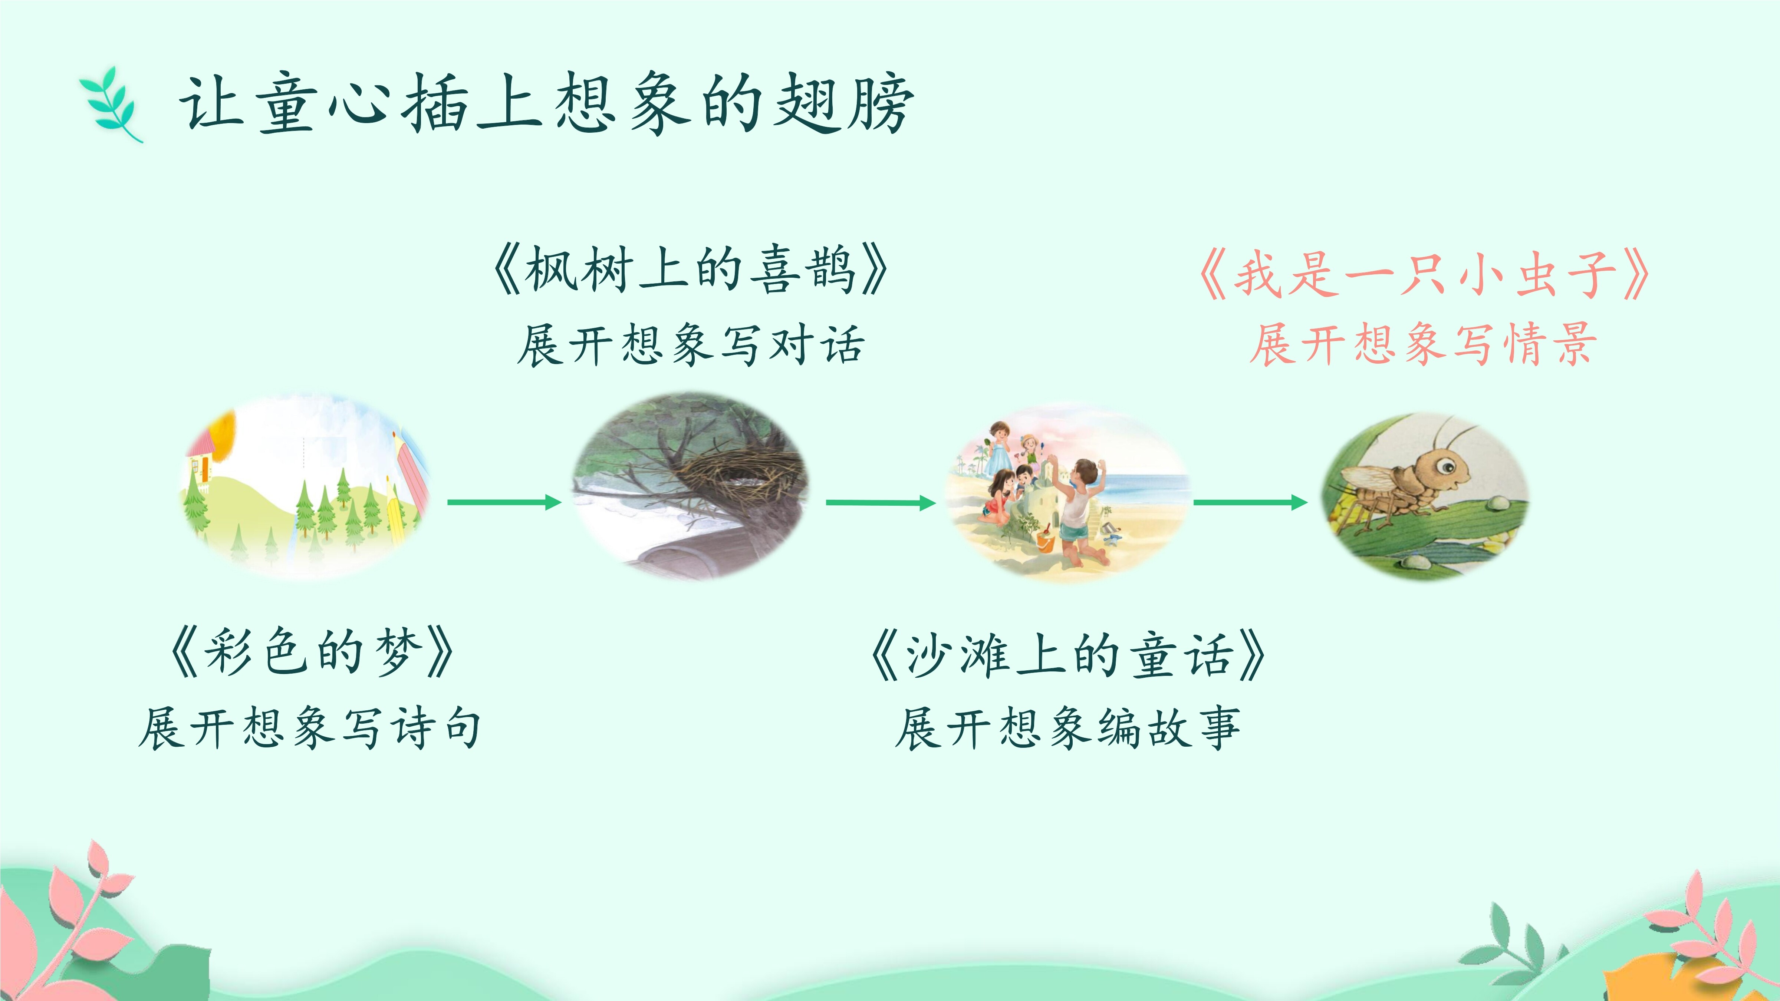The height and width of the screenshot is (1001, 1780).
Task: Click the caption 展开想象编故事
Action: (x=1067, y=727)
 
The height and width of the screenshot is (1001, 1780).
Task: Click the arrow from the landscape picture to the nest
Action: (x=504, y=502)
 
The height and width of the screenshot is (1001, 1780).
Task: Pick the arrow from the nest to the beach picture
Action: (x=881, y=502)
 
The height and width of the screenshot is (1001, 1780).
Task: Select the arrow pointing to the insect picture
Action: (x=1251, y=502)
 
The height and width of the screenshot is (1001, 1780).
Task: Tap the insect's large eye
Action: (x=1445, y=466)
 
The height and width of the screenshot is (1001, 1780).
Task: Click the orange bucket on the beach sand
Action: (x=1046, y=540)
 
